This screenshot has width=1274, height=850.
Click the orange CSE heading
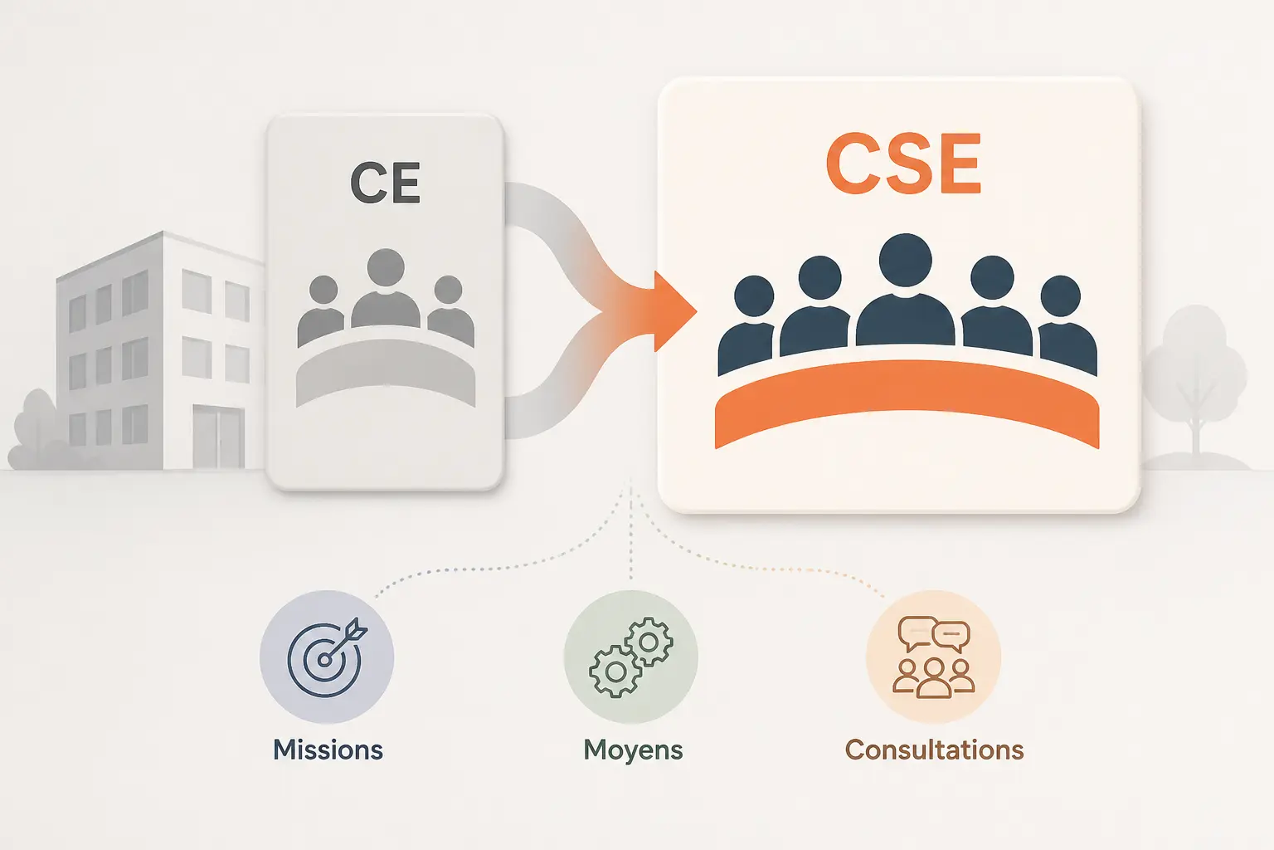coord(903,164)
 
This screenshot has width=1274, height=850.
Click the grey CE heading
coord(385,183)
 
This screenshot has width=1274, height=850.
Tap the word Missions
coord(328,750)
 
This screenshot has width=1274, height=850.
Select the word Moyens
coord(633,750)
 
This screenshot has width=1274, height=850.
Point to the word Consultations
coord(935,750)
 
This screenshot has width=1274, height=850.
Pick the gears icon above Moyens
coord(630,657)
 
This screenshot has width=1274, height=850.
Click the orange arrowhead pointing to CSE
coord(675,311)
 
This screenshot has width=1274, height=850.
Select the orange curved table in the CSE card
coord(907,403)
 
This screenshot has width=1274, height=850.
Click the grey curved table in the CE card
coord(386,372)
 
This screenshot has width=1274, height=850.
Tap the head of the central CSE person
coord(906,260)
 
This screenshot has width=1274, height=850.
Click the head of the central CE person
coord(386,267)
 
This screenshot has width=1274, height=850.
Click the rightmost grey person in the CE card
coord(450,310)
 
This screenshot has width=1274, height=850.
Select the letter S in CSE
coord(904,164)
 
